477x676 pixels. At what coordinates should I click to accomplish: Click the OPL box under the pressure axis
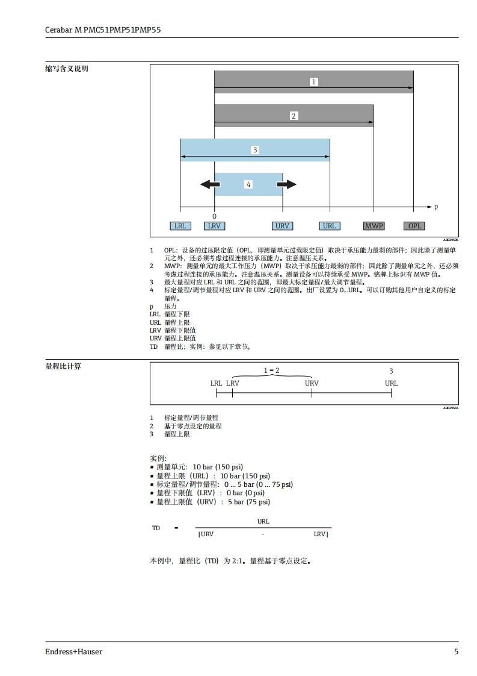(x=415, y=226)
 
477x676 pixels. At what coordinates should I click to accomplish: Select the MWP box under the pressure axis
(x=374, y=226)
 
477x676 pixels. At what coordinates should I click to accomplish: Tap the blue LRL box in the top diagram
(x=180, y=226)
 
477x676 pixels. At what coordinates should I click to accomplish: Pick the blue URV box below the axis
(x=282, y=226)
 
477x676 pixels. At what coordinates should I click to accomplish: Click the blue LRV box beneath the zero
(x=214, y=226)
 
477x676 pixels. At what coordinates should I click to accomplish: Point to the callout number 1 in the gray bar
(x=313, y=81)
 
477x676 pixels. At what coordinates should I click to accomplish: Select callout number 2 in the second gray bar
(x=294, y=116)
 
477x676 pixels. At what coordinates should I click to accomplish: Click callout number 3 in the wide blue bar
(x=255, y=149)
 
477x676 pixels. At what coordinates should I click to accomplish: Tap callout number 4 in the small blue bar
(x=248, y=184)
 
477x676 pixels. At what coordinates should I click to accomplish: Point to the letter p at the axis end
(x=436, y=207)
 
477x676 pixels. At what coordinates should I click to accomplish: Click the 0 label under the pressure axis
(x=214, y=216)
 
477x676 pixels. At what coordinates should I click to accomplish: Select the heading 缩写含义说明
(x=67, y=69)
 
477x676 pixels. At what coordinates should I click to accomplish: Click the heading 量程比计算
(x=63, y=366)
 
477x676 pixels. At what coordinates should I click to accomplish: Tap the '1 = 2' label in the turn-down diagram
(x=272, y=371)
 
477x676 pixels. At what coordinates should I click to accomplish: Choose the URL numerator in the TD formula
(x=263, y=522)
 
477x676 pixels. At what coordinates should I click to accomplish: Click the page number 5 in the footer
(x=456, y=652)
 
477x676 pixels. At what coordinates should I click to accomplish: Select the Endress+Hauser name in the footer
(x=73, y=652)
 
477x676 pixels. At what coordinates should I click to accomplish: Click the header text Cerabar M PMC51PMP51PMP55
(x=103, y=29)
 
